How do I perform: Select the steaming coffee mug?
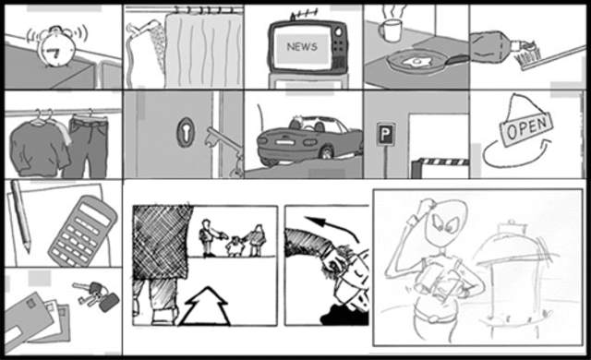pyautogui.click(x=390, y=30)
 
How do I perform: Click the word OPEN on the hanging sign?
pyautogui.click(x=527, y=127)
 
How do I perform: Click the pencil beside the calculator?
pyautogui.click(x=19, y=216)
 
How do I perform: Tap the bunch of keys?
pyautogui.click(x=96, y=294)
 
